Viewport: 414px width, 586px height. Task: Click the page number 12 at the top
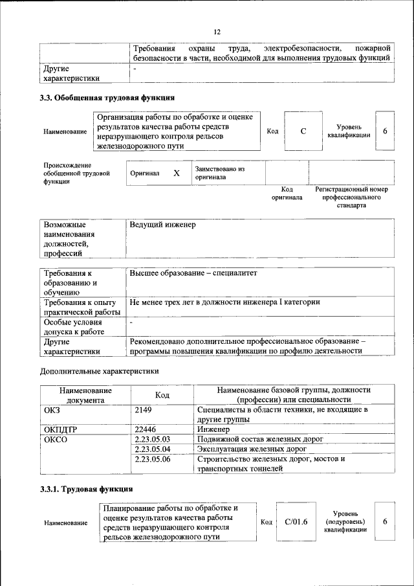click(217, 32)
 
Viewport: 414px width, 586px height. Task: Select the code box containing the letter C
click(303, 131)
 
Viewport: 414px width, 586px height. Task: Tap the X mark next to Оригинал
click(176, 174)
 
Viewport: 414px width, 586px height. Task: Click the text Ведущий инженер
click(162, 225)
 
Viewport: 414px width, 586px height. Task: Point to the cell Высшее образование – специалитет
click(193, 273)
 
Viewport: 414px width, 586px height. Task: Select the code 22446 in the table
click(146, 429)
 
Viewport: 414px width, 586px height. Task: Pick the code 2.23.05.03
click(153, 439)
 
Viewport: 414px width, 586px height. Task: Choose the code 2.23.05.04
click(153, 449)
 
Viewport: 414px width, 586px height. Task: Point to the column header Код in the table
click(162, 395)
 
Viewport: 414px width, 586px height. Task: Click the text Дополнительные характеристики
click(100, 371)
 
